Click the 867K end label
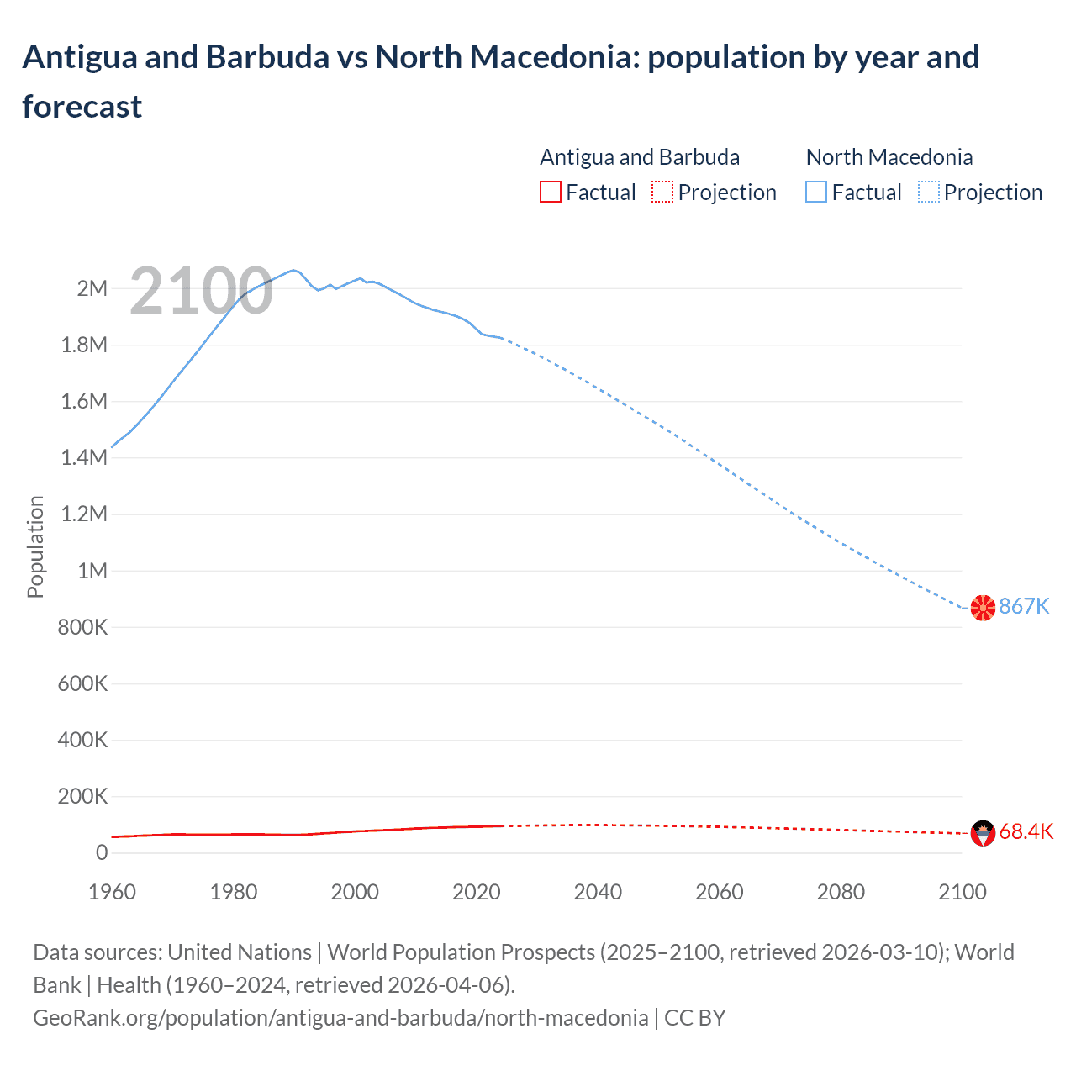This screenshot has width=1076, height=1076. tap(1024, 607)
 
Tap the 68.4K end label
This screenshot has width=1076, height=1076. tap(1026, 832)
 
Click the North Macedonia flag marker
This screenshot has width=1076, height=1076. tap(983, 608)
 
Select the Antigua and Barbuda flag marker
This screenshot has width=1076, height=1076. tap(983, 833)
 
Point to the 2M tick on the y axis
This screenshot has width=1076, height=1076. tap(92, 289)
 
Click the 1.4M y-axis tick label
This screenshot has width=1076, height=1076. tap(84, 458)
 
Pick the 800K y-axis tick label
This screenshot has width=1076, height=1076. tap(82, 628)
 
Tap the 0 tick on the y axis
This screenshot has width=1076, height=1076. tap(102, 853)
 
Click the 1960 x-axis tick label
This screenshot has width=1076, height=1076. tap(112, 893)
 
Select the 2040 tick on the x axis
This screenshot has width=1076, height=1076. tap(598, 893)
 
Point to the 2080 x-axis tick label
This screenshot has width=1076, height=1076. tap(841, 893)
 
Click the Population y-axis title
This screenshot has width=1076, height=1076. tap(35, 546)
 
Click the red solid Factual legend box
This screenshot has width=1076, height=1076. tap(550, 193)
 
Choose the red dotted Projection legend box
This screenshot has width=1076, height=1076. tap(662, 193)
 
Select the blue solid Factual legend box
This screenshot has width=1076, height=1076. tap(816, 193)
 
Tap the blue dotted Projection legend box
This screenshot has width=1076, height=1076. tap(929, 193)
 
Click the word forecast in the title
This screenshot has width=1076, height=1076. tap(82, 107)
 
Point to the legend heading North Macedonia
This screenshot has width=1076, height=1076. tap(889, 157)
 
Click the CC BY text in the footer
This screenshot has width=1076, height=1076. tap(694, 1018)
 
